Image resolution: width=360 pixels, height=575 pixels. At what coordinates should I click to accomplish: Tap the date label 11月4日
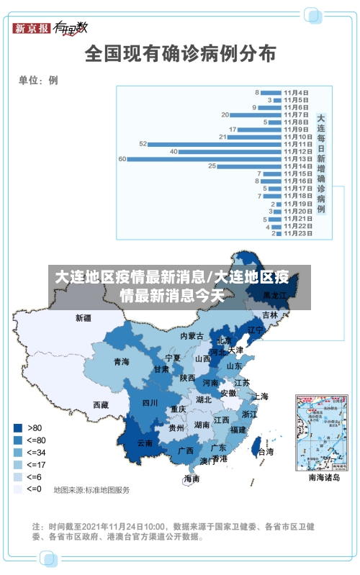(x=296, y=92)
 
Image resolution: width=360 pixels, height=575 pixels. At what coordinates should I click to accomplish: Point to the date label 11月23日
(x=297, y=233)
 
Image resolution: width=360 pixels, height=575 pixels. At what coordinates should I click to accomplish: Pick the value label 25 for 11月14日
(x=212, y=166)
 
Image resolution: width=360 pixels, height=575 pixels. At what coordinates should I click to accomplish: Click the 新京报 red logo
(x=32, y=29)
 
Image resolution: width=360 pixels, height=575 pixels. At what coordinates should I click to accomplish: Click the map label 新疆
(x=84, y=317)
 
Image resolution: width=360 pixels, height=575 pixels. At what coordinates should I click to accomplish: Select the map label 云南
(x=145, y=443)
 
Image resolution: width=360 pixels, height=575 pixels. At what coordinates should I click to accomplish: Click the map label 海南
(x=192, y=479)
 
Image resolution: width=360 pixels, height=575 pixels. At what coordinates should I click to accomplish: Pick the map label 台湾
(x=266, y=452)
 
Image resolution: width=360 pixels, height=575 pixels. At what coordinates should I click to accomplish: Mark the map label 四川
(x=150, y=402)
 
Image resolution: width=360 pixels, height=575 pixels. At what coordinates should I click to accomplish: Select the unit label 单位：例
(x=38, y=80)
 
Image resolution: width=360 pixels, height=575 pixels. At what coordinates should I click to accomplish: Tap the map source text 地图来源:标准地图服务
(x=91, y=490)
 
